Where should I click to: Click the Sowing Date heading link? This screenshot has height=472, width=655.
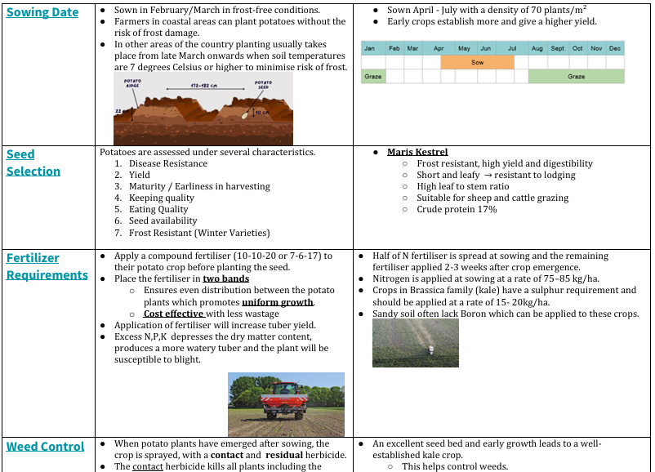coord(42,12)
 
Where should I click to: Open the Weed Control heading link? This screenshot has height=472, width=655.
coord(45,446)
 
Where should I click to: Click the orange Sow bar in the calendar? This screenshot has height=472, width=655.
coord(477,62)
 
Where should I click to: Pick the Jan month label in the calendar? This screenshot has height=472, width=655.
coord(369,48)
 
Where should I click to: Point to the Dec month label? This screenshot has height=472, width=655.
coord(615,48)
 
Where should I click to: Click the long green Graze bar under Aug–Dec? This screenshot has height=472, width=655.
coord(576,76)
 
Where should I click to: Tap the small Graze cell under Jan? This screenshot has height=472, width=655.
coord(372,76)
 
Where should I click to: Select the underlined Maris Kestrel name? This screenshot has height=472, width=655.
coord(417,152)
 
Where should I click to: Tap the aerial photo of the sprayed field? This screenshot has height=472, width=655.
coord(415,343)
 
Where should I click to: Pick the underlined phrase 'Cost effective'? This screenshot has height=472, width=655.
coord(173,314)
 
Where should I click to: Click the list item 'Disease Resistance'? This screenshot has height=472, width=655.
coord(168,163)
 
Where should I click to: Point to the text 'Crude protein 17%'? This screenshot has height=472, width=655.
coord(457,209)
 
